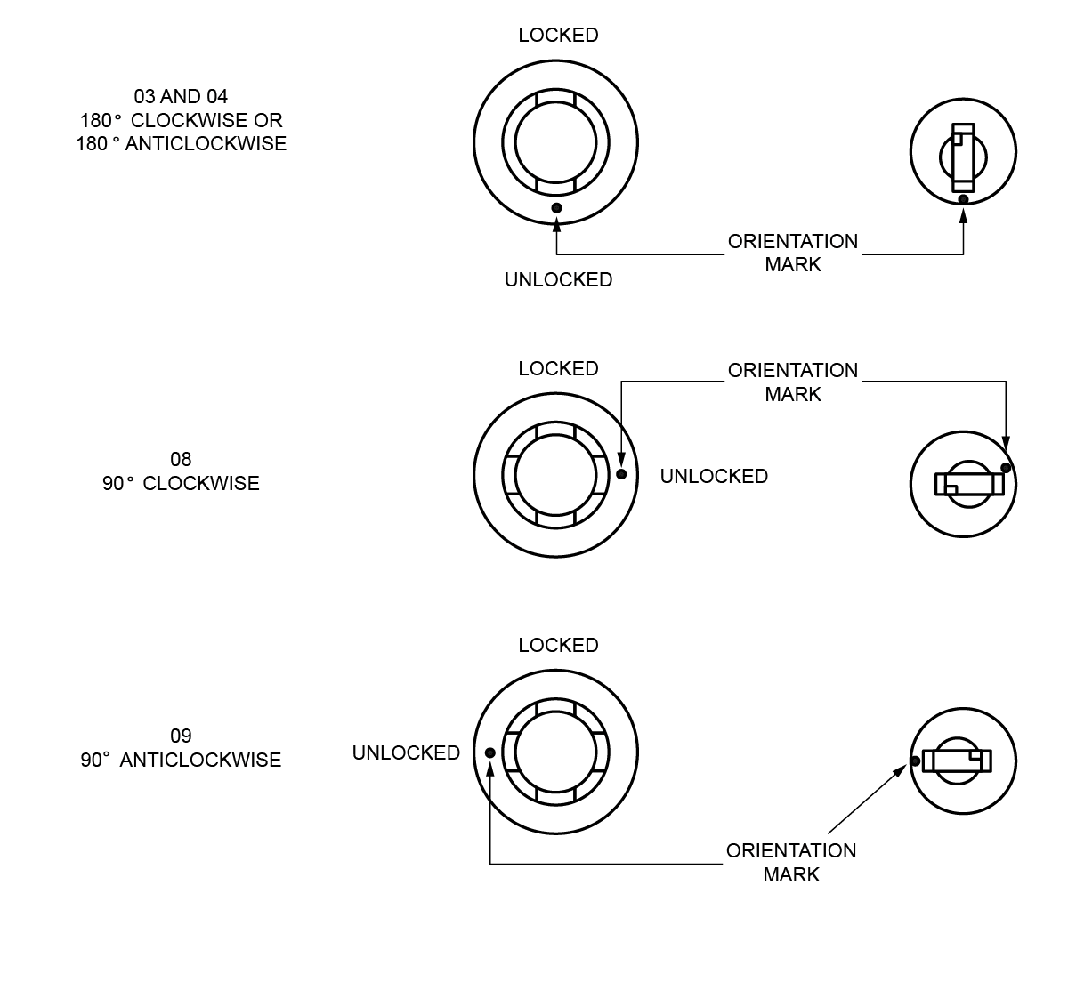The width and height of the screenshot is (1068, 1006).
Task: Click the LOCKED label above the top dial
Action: (x=558, y=36)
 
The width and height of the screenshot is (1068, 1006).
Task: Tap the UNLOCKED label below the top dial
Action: (x=558, y=280)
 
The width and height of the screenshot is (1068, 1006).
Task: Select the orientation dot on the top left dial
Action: (x=556, y=208)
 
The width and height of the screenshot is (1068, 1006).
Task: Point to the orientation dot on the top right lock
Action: (x=963, y=199)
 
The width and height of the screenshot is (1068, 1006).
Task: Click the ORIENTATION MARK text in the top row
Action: (x=793, y=253)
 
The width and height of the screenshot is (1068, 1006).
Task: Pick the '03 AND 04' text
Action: (x=181, y=96)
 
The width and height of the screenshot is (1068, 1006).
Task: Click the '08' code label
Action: (x=181, y=460)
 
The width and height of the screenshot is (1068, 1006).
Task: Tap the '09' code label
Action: (x=181, y=736)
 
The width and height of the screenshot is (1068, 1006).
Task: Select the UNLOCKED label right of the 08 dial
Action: (x=714, y=477)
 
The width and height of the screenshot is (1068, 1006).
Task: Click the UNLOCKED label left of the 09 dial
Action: (x=406, y=753)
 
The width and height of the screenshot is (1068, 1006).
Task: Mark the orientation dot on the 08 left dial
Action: (x=621, y=474)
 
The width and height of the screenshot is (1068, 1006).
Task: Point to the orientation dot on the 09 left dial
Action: (x=490, y=752)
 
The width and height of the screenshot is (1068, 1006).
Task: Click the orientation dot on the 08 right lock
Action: (x=1006, y=468)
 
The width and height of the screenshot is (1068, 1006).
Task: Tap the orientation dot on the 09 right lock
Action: (x=915, y=761)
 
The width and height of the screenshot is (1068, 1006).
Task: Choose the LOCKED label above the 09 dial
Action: (x=558, y=646)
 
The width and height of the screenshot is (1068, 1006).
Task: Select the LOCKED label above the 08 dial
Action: (x=558, y=369)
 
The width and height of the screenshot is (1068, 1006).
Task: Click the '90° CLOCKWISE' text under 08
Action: (x=181, y=484)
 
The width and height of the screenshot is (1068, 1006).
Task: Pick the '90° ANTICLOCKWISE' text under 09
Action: (x=181, y=761)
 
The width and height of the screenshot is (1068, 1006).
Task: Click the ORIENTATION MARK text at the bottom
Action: (x=791, y=862)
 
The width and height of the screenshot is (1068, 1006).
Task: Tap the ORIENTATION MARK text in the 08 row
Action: (x=793, y=382)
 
